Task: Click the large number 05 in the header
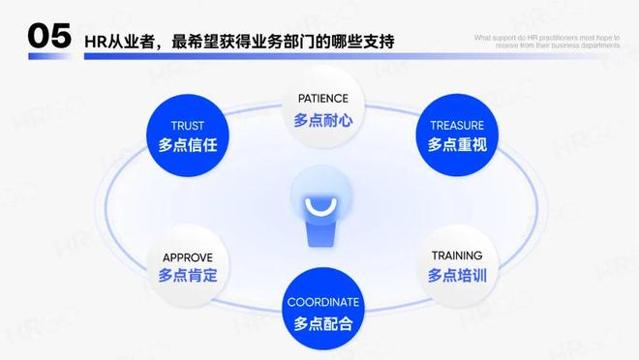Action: pyautogui.click(x=48, y=37)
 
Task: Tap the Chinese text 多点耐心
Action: pyautogui.click(x=320, y=121)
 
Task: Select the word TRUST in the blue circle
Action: pyautogui.click(x=187, y=125)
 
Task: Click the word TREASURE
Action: pyautogui.click(x=456, y=125)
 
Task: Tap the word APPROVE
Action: pyautogui.click(x=187, y=256)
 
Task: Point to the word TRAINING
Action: pyautogui.click(x=456, y=255)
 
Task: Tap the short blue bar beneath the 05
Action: pyautogui.click(x=49, y=57)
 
